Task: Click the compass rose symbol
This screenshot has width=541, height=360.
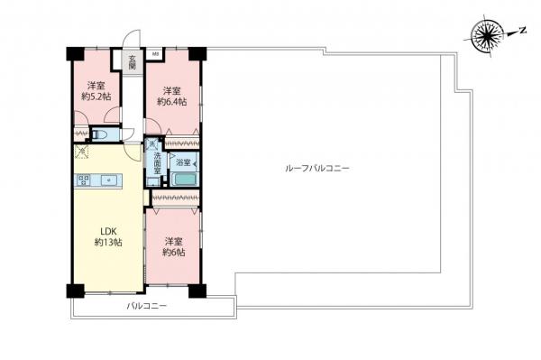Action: pos(488,36)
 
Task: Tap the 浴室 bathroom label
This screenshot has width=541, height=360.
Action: pos(183,162)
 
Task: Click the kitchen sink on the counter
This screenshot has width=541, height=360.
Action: pos(109,180)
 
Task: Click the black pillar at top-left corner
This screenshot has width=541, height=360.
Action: pos(73,52)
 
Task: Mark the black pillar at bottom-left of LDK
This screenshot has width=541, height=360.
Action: pos(74,291)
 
